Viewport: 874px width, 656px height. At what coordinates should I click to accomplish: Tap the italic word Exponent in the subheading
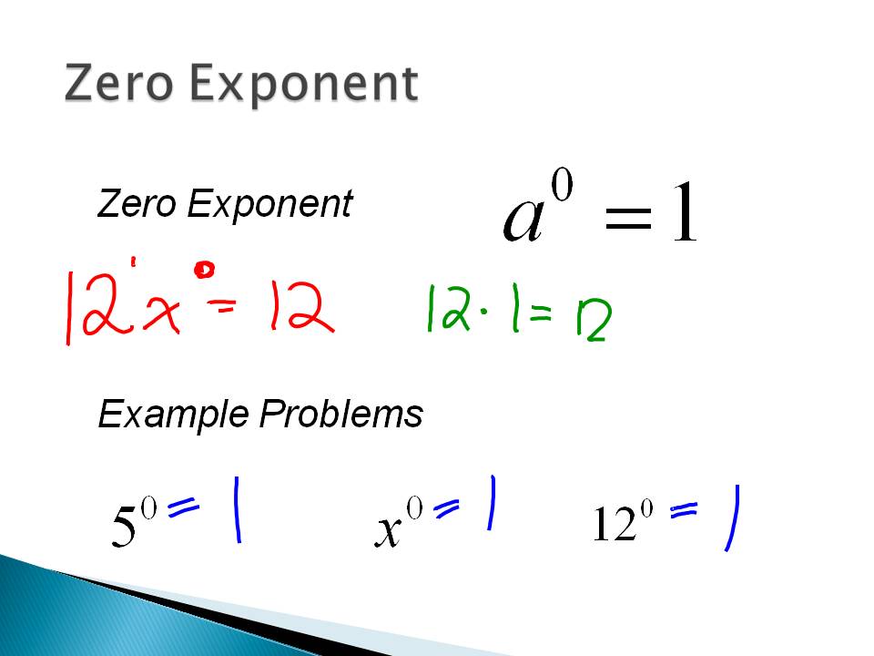coord(269,205)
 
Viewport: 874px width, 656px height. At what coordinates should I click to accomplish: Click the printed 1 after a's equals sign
coord(685,215)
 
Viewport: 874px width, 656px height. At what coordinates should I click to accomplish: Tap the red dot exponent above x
coord(205,270)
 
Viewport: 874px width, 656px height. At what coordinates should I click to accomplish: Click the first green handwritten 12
coord(447,308)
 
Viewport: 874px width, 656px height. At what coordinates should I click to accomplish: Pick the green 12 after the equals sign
coord(592,320)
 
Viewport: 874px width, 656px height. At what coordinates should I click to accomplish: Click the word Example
coord(173,415)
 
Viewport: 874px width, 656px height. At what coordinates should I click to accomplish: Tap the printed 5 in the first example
coord(124,528)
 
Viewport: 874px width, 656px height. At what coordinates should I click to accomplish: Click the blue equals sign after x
coord(447,509)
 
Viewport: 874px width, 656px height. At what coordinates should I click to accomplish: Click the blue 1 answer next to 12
coord(731,518)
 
